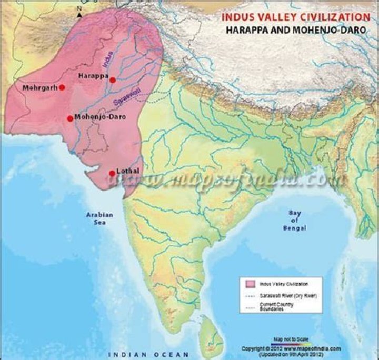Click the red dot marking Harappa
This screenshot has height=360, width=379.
pyautogui.click(x=113, y=79)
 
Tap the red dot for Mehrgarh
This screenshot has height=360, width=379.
pyautogui.click(x=62, y=87)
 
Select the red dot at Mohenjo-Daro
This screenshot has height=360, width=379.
pyautogui.click(x=70, y=118)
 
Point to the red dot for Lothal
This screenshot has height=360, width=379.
pyautogui.click(x=112, y=173)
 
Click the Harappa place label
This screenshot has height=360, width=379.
pyautogui.click(x=93, y=76)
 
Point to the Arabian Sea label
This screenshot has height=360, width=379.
pyautogui.click(x=96, y=218)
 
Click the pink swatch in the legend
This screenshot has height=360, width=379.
pyautogui.click(x=250, y=284)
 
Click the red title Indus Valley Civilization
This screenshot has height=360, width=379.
pyautogui.click(x=295, y=17)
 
